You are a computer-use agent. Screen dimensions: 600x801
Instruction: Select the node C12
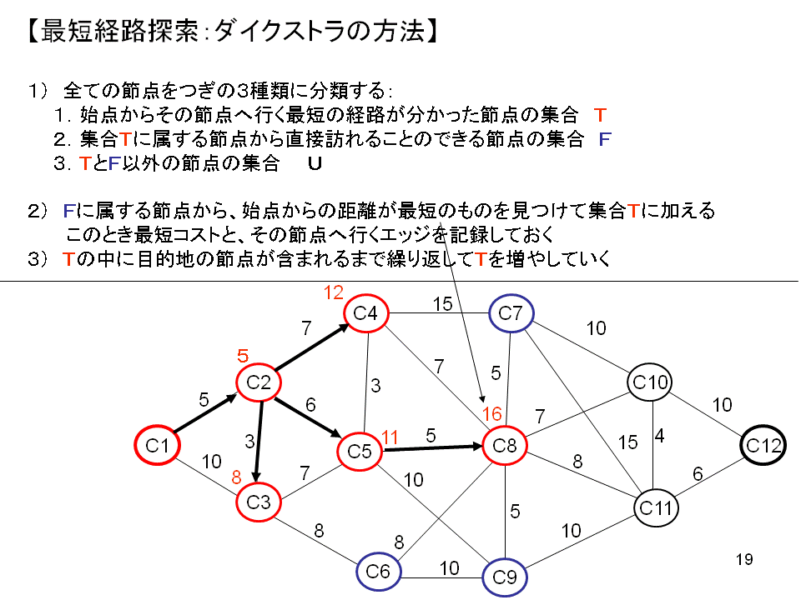[x=763, y=446]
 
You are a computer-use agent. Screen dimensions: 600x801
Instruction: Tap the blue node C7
[x=511, y=314]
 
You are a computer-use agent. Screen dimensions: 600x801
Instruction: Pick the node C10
[x=651, y=382]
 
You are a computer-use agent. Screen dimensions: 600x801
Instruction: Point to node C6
[x=379, y=572]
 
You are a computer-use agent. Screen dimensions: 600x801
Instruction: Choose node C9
[x=505, y=576]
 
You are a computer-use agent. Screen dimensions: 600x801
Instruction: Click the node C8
[x=505, y=446]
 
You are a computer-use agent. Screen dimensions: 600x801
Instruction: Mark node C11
[x=656, y=506]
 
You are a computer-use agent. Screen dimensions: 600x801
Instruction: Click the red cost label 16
[x=491, y=415]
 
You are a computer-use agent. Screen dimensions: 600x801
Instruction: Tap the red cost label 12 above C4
[x=334, y=292]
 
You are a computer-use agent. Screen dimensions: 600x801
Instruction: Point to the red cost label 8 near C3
[x=236, y=477]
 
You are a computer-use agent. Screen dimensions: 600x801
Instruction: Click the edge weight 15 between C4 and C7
[x=442, y=305]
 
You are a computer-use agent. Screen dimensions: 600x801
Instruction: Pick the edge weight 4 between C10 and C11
[x=659, y=436]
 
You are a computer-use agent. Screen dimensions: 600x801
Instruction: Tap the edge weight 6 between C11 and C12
[x=698, y=473]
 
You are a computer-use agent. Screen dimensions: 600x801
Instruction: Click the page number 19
[x=745, y=558]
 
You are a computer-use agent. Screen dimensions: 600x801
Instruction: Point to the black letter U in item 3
[x=315, y=164]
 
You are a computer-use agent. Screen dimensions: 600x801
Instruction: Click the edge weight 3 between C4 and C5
[x=375, y=386]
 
